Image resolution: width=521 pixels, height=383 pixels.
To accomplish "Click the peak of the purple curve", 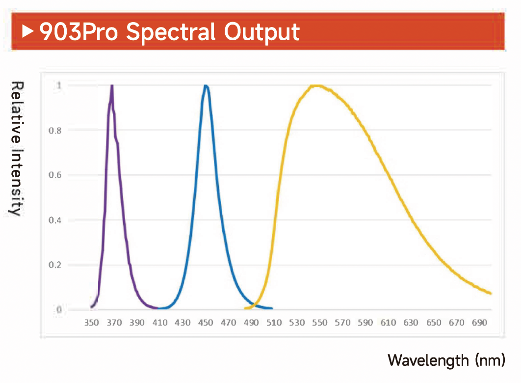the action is (112, 86).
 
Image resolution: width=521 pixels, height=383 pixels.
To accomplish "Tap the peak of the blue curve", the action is (206, 86).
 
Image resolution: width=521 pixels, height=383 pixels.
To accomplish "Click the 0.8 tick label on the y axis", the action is (55, 131).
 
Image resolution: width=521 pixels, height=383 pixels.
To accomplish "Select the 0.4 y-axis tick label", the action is (55, 220).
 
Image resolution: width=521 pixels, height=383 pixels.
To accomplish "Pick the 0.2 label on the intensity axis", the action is (55, 265).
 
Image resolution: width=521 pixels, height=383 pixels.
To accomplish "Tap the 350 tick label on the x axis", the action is (91, 323).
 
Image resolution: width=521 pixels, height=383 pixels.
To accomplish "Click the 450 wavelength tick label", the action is (206, 323).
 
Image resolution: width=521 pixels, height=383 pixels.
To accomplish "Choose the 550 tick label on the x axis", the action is (320, 323).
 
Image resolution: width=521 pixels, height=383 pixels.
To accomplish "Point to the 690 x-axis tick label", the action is (479, 323).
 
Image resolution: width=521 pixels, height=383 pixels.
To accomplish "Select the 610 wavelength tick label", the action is (388, 323).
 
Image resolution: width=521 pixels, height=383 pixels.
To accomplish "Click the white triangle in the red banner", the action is (27, 31).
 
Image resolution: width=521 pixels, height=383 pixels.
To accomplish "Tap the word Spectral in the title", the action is (171, 33).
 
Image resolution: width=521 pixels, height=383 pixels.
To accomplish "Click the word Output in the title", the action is (262, 33).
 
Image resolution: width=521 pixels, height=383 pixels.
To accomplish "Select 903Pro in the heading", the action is (79, 32).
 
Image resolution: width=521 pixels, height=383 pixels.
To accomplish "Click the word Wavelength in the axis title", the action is (428, 361).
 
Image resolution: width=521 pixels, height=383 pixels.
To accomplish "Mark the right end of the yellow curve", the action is (491, 293).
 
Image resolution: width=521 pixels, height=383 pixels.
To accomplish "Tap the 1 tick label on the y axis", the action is (59, 85).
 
